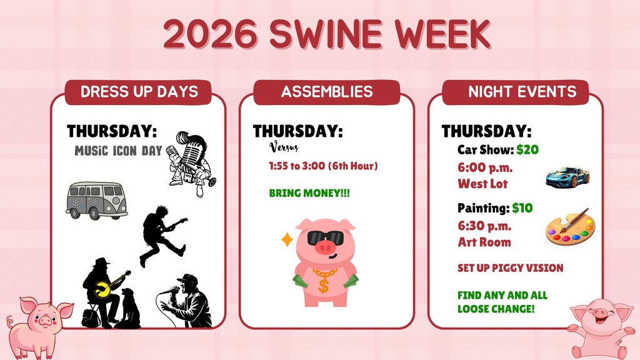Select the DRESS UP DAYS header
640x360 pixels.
[139, 92]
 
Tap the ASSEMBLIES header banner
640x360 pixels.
[326, 92]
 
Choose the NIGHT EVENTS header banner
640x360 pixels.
[522, 92]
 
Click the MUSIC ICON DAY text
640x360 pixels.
[118, 151]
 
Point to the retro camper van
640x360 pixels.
[96, 200]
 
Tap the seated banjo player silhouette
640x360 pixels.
[103, 291]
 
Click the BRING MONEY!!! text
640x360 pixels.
[309, 193]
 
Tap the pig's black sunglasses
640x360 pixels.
[325, 238]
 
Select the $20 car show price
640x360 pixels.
[527, 150]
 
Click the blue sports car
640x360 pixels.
[567, 177]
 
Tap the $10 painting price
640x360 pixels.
[522, 208]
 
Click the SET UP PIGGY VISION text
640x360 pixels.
[510, 268]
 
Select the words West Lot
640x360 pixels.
[482, 184]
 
